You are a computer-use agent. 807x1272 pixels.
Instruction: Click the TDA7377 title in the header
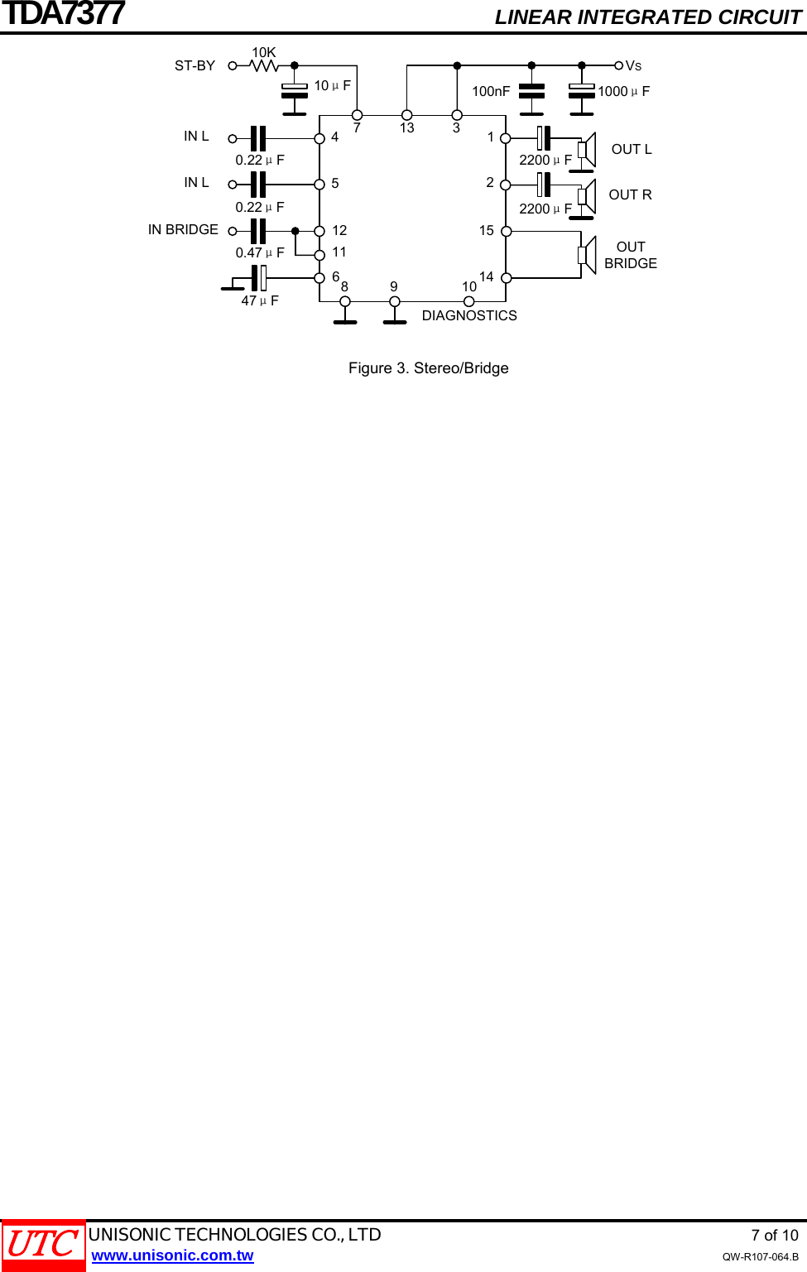click(63, 14)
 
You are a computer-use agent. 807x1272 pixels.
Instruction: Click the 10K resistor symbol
click(264, 65)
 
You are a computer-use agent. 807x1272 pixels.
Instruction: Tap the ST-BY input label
click(195, 66)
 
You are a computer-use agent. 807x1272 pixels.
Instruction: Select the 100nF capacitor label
click(491, 92)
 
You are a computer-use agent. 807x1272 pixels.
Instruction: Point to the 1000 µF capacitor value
click(623, 92)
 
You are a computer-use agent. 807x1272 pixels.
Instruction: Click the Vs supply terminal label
click(633, 66)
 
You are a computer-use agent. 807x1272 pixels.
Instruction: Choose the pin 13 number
click(406, 128)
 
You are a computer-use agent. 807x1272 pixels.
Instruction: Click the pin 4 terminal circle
click(319, 138)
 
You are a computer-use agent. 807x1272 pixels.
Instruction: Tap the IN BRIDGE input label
click(183, 230)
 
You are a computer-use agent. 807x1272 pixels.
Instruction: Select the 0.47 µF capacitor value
click(260, 253)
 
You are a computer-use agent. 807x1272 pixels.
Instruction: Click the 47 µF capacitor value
click(260, 301)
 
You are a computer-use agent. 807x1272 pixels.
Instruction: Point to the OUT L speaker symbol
click(587, 150)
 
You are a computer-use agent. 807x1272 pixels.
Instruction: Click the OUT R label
click(630, 195)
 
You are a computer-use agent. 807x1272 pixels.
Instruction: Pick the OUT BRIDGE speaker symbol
click(587, 255)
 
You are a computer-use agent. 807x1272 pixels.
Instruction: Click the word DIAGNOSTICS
click(469, 316)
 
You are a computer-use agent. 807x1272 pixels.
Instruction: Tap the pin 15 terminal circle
click(507, 232)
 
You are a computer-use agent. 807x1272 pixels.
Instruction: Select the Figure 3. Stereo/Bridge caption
click(428, 368)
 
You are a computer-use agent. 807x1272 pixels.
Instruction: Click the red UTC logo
click(43, 1245)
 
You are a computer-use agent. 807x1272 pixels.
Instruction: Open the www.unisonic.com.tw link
click(172, 1255)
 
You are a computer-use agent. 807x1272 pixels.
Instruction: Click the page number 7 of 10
click(774, 1236)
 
